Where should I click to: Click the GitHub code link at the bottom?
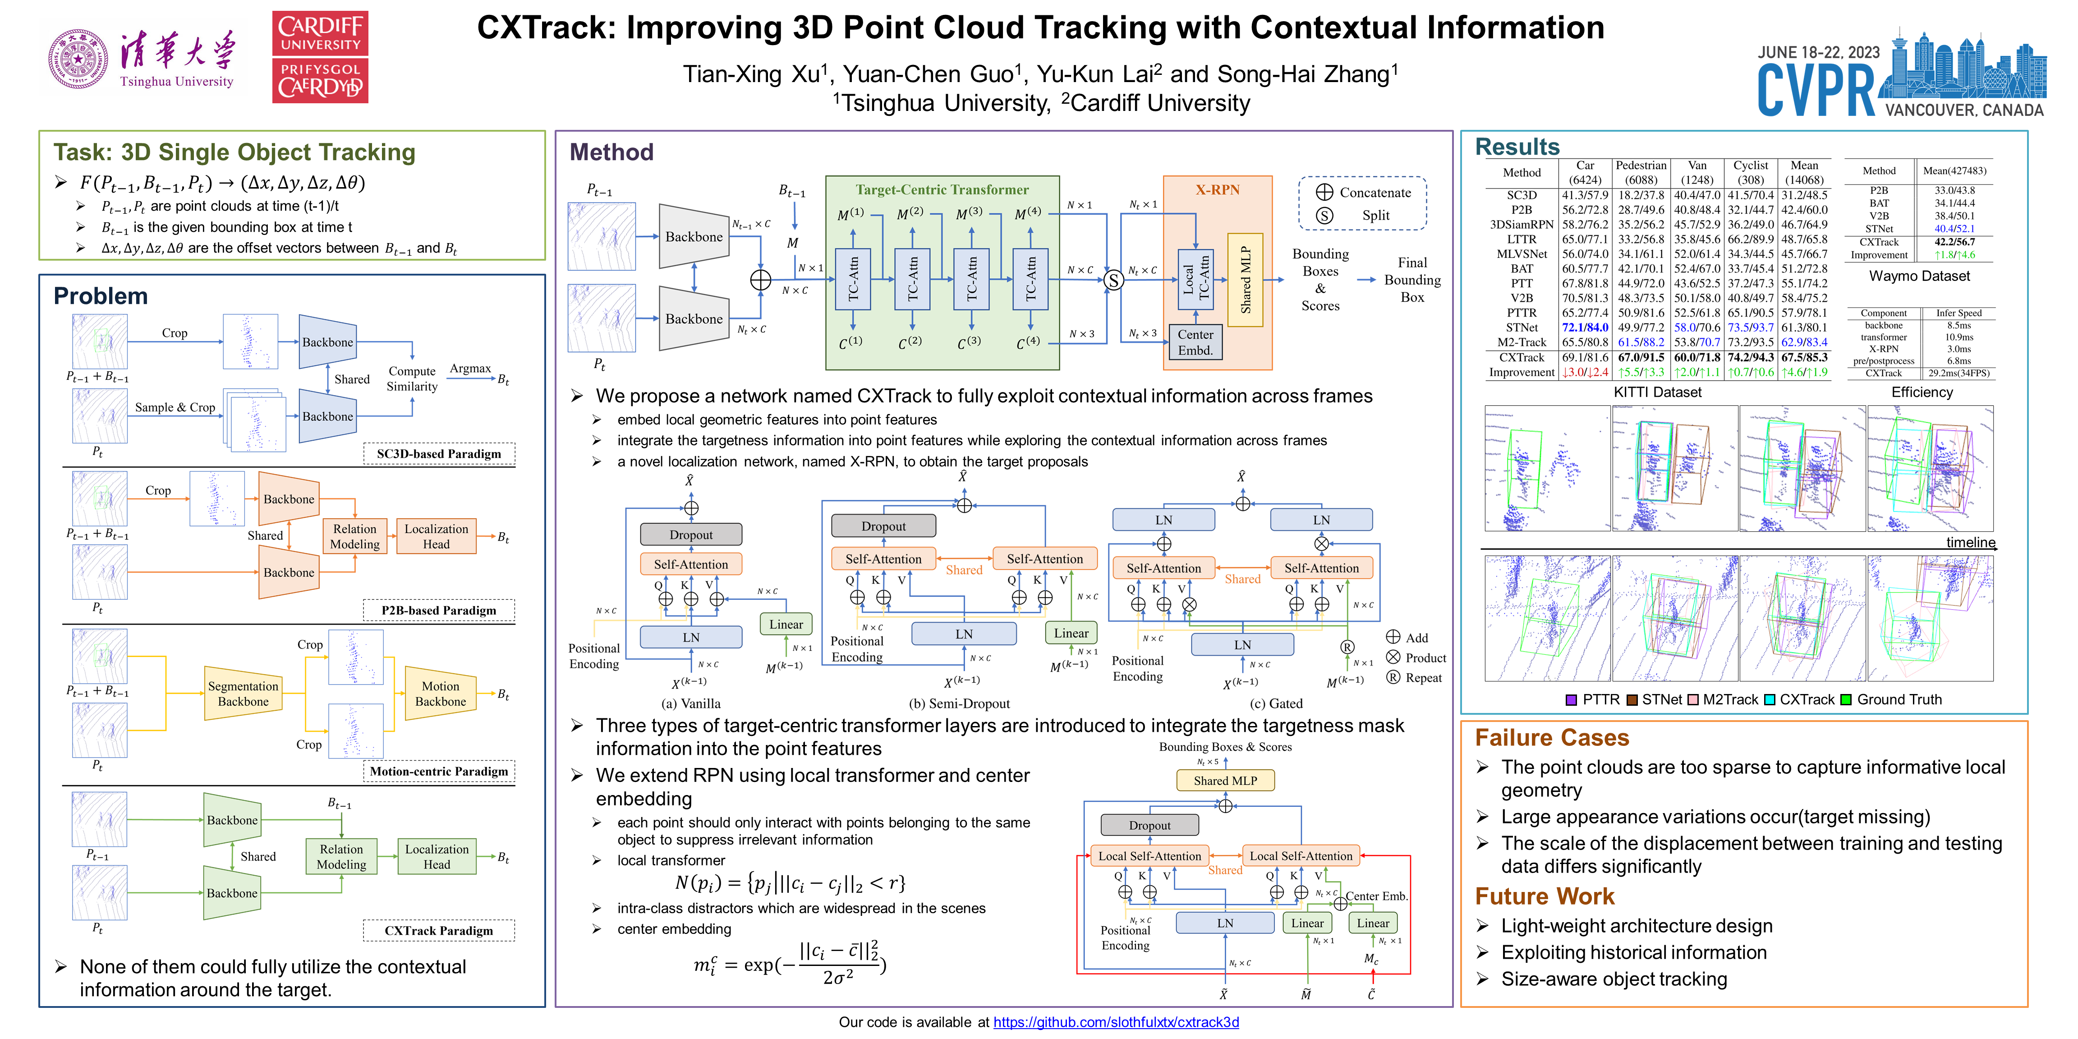click(x=1116, y=1022)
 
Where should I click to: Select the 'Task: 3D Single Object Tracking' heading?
click(x=234, y=152)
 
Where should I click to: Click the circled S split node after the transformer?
click(x=1113, y=280)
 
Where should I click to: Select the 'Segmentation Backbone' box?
click(x=243, y=693)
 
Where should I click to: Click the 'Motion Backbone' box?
click(x=441, y=693)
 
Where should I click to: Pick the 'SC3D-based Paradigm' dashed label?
click(x=439, y=453)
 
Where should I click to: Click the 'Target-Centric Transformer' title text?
click(x=942, y=189)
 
